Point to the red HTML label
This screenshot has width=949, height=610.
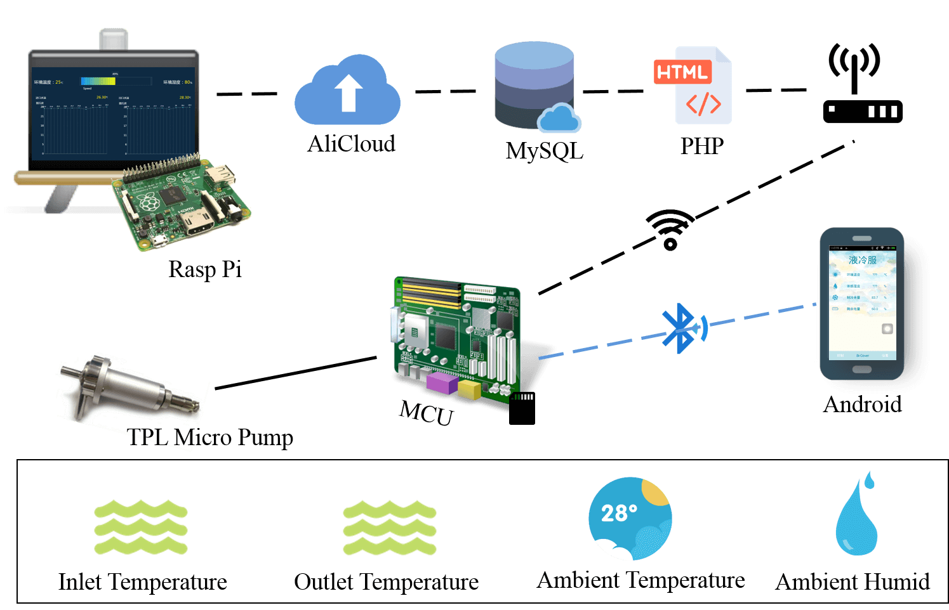coord(682,72)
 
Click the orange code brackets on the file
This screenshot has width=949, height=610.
coord(703,104)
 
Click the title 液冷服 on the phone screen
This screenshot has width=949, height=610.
coord(862,260)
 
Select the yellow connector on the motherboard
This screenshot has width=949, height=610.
coord(469,389)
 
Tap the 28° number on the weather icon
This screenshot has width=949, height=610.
coord(618,513)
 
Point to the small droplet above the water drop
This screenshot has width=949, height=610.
coord(870,480)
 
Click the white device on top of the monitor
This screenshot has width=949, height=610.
coord(114,39)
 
